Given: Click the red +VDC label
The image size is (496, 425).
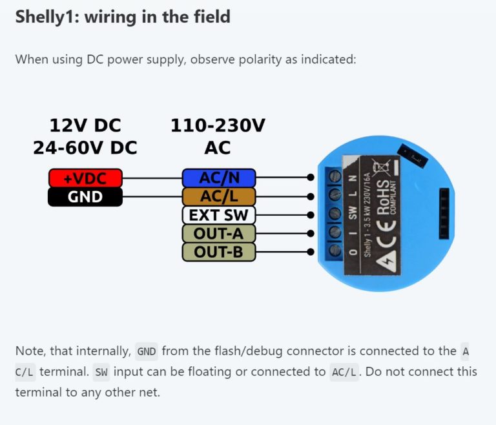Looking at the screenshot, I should pos(85,178).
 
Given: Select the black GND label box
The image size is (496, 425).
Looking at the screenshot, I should pos(85,196).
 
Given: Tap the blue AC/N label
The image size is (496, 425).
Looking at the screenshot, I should pos(219,178).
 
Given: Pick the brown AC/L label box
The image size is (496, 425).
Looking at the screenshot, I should pos(219,196).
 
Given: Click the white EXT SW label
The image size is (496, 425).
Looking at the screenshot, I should pos(219,214).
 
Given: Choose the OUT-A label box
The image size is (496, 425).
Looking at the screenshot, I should pos(219,233).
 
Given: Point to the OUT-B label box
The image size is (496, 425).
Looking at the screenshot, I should pos(219,252).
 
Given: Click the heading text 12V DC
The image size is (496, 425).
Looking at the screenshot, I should pos(85,125).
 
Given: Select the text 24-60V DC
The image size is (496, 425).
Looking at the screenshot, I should pos(85,148).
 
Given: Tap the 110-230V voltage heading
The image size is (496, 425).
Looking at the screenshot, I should pos(218,125).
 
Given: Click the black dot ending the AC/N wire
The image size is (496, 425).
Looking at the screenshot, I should pos(311,177).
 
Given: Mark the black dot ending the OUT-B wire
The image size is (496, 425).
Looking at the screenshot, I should pos(311,251).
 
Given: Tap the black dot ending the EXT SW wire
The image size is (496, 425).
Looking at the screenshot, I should pos(311,214).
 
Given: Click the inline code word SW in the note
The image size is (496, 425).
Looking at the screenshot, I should pos(101,372).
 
